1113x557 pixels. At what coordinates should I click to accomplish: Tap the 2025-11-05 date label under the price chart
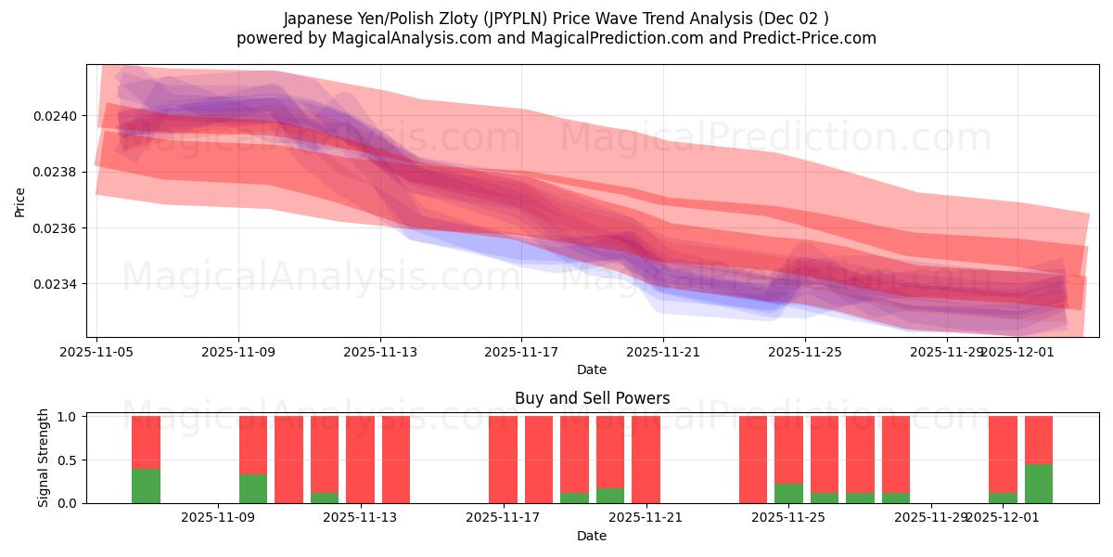coord(97,352)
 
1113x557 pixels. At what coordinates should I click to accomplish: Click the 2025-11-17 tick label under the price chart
coord(521,352)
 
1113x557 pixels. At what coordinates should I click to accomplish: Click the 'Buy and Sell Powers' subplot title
coord(592,398)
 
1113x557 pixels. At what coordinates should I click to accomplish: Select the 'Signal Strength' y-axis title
coord(44,460)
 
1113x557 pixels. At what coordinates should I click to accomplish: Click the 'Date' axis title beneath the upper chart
coord(592,369)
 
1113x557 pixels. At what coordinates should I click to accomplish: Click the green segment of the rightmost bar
coord(1038,484)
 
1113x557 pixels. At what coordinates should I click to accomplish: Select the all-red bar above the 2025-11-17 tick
coord(503,460)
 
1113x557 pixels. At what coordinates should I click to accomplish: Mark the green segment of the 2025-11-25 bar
coord(788,494)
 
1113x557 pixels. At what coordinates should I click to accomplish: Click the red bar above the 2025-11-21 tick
coord(646,460)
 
